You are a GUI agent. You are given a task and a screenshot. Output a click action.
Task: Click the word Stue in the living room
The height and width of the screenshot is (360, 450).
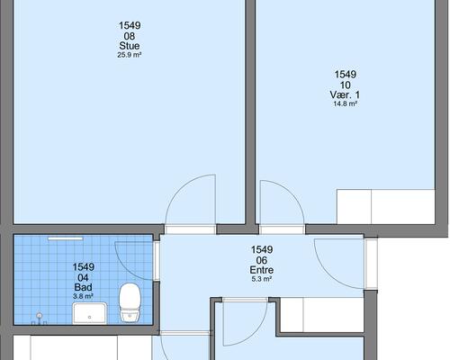pos(130,46)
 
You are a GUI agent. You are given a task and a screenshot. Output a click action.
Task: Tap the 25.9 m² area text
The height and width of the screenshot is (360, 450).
pos(130,55)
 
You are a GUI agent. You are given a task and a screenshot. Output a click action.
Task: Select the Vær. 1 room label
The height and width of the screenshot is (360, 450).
pos(345,94)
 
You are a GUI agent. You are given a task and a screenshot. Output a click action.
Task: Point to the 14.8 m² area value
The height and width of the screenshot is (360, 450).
pos(345,104)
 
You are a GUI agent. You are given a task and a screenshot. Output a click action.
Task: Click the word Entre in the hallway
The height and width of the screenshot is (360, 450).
pos(262,270)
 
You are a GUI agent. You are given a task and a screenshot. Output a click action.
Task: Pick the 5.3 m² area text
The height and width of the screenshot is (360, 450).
pos(262,279)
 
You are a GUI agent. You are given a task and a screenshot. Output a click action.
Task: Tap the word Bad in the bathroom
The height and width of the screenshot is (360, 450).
pos(83,287)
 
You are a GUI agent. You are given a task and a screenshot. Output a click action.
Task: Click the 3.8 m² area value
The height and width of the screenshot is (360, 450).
pos(83,296)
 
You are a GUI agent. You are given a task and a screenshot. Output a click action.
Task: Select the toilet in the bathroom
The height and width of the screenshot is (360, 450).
pos(130,302)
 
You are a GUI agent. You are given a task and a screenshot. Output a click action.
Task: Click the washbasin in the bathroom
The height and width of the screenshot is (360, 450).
pos(90,313)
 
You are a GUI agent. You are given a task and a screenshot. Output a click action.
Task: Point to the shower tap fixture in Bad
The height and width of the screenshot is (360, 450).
pos(39,319)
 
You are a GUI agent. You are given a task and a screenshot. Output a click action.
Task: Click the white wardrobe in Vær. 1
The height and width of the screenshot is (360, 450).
pos(386,206)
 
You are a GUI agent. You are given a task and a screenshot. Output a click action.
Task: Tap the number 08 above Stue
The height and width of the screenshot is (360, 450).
pos(130,36)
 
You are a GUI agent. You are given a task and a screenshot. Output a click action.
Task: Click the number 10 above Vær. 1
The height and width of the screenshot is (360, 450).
pos(345,85)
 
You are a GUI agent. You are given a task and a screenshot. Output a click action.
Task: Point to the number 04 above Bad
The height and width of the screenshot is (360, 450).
pos(83,277)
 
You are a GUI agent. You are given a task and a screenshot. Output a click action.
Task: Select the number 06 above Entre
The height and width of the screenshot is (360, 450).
pos(262,260)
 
